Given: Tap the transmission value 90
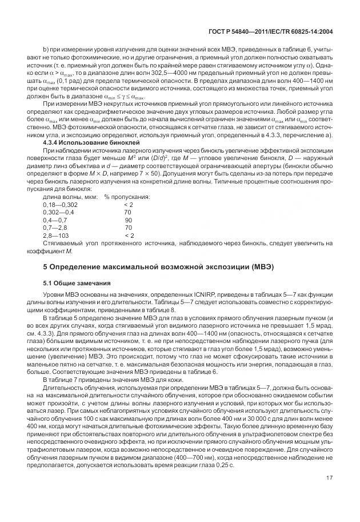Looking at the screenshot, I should [x=128, y=220].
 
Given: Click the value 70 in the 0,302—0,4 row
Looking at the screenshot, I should [x=128, y=212].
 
